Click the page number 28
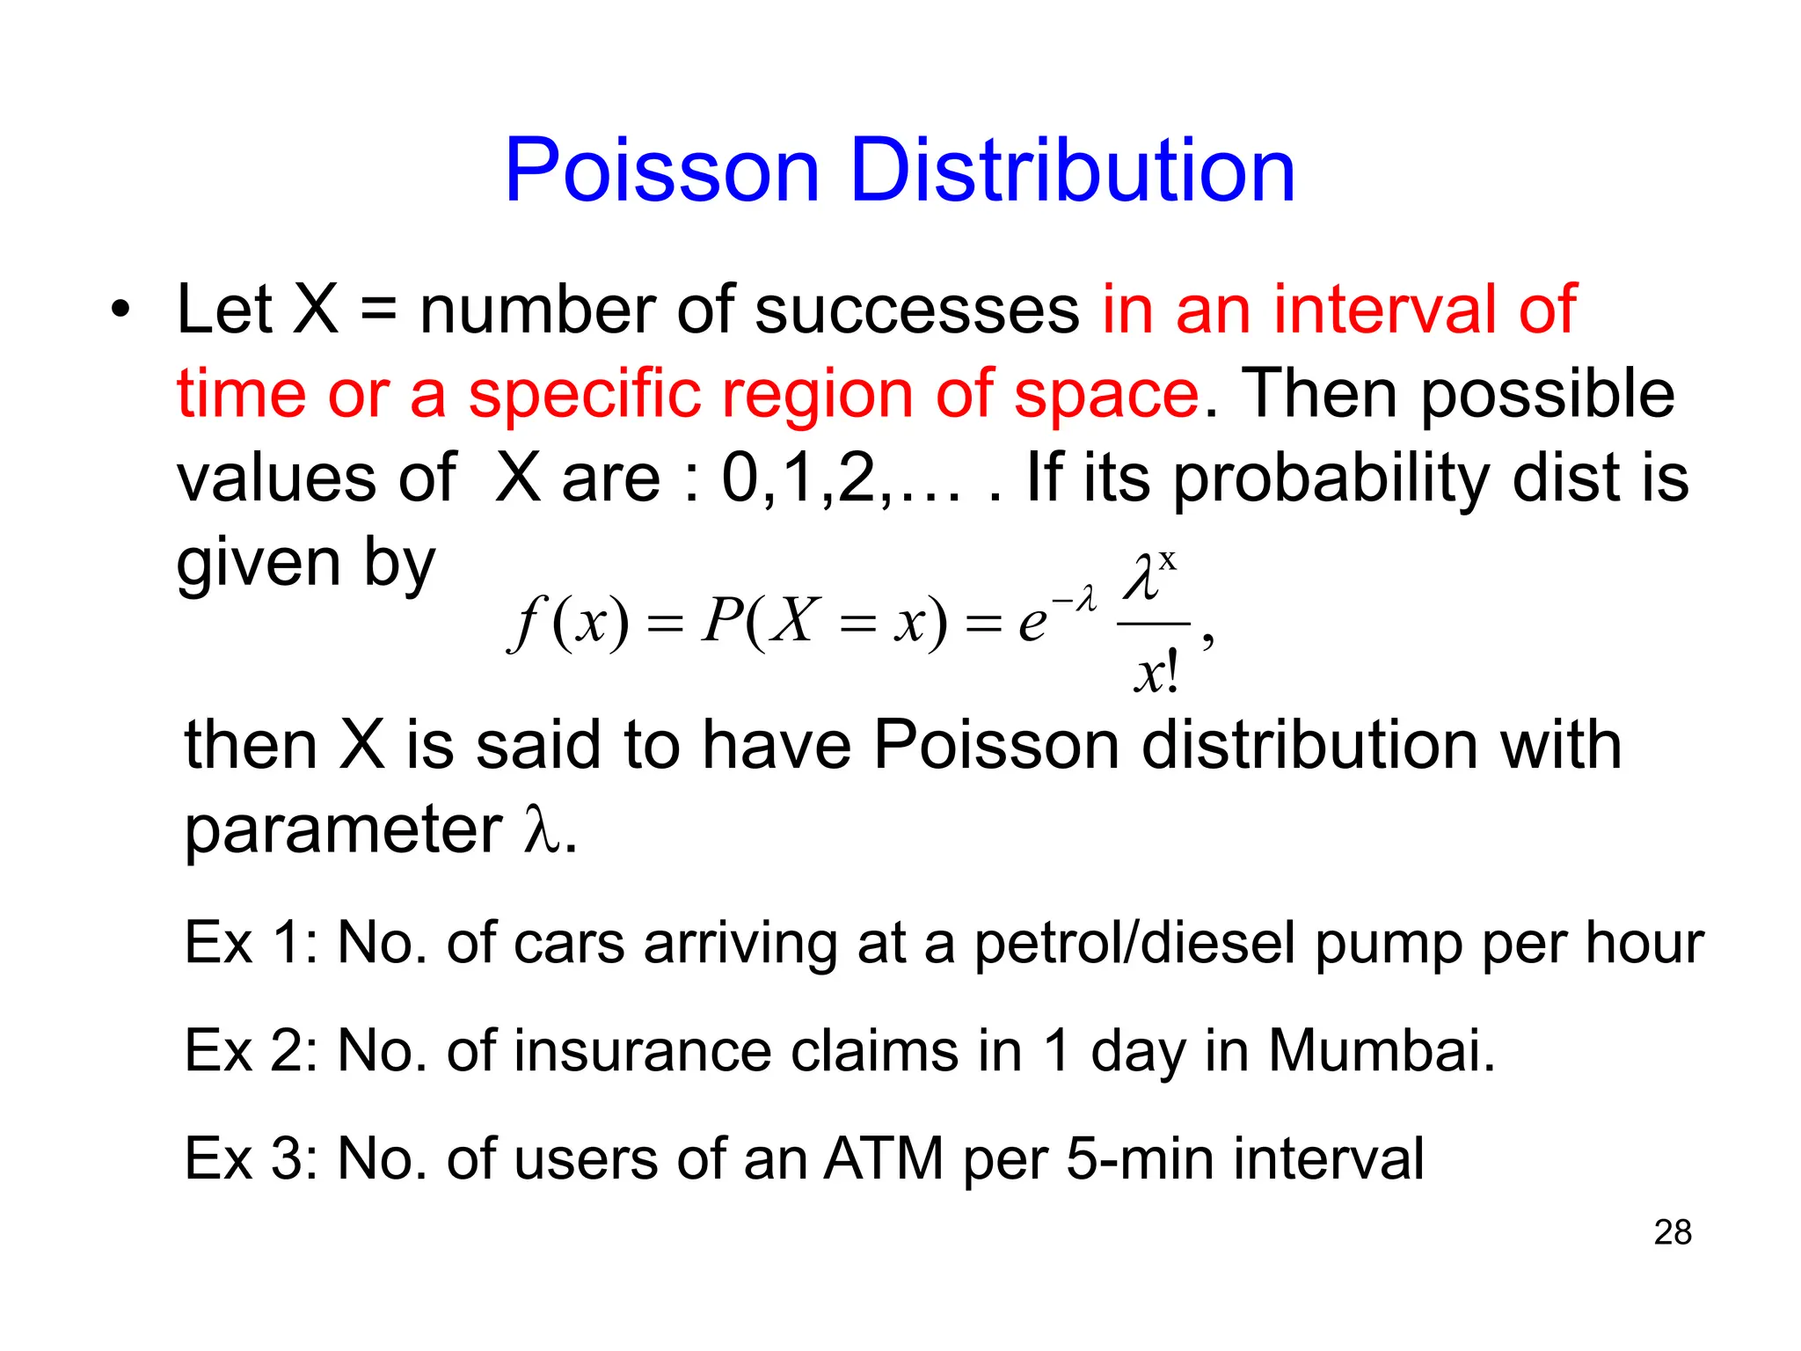click(x=1672, y=1232)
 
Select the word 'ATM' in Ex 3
click(x=883, y=1158)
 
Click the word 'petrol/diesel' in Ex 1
click(x=1134, y=944)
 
